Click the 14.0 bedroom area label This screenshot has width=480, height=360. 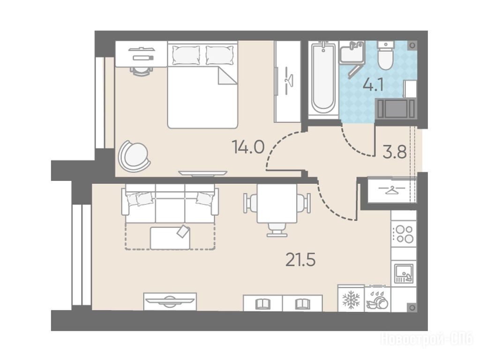coord(248,147)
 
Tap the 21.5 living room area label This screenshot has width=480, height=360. coord(300,260)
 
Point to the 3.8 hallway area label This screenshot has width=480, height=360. coord(395,152)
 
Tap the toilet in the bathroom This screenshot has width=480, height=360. coord(386,55)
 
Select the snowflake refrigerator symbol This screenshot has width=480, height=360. coord(351,300)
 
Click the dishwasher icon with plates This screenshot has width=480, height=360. coord(378,300)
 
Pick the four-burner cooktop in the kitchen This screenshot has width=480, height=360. coord(404,234)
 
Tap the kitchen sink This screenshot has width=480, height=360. coord(404,273)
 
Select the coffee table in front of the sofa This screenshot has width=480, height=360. coord(170,238)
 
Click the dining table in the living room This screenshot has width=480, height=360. coord(277,203)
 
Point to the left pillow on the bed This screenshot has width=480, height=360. coord(186,55)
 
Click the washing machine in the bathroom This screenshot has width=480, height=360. coord(396,108)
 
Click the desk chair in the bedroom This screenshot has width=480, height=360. coord(141,71)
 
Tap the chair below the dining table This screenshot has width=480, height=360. coord(277,230)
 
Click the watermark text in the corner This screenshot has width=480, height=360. coord(427,339)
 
